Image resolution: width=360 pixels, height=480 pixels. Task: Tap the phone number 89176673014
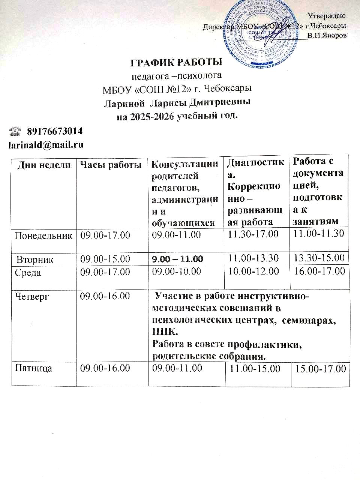click(55, 131)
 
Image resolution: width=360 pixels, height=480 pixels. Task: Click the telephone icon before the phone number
click(15, 131)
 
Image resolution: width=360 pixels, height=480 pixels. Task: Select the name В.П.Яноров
click(327, 36)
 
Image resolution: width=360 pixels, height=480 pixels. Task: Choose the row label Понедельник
click(43, 235)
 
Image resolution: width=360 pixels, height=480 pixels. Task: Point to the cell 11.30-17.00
click(253, 234)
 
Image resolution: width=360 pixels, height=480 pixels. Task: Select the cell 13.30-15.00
click(319, 258)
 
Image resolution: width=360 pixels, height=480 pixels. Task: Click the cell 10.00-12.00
click(253, 271)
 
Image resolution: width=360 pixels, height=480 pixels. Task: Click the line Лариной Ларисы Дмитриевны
click(177, 102)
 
